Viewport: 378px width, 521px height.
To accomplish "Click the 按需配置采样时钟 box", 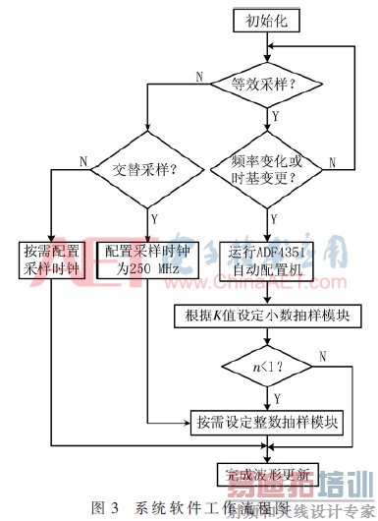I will click(51, 258).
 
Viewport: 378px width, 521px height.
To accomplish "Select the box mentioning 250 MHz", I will click(146, 258).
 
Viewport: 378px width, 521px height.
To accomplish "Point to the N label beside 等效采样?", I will click(199, 76).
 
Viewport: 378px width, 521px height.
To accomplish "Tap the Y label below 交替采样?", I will click(155, 207).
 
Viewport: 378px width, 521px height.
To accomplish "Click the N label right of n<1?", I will click(321, 355).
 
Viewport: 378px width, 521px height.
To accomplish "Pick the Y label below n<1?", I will click(278, 398).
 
